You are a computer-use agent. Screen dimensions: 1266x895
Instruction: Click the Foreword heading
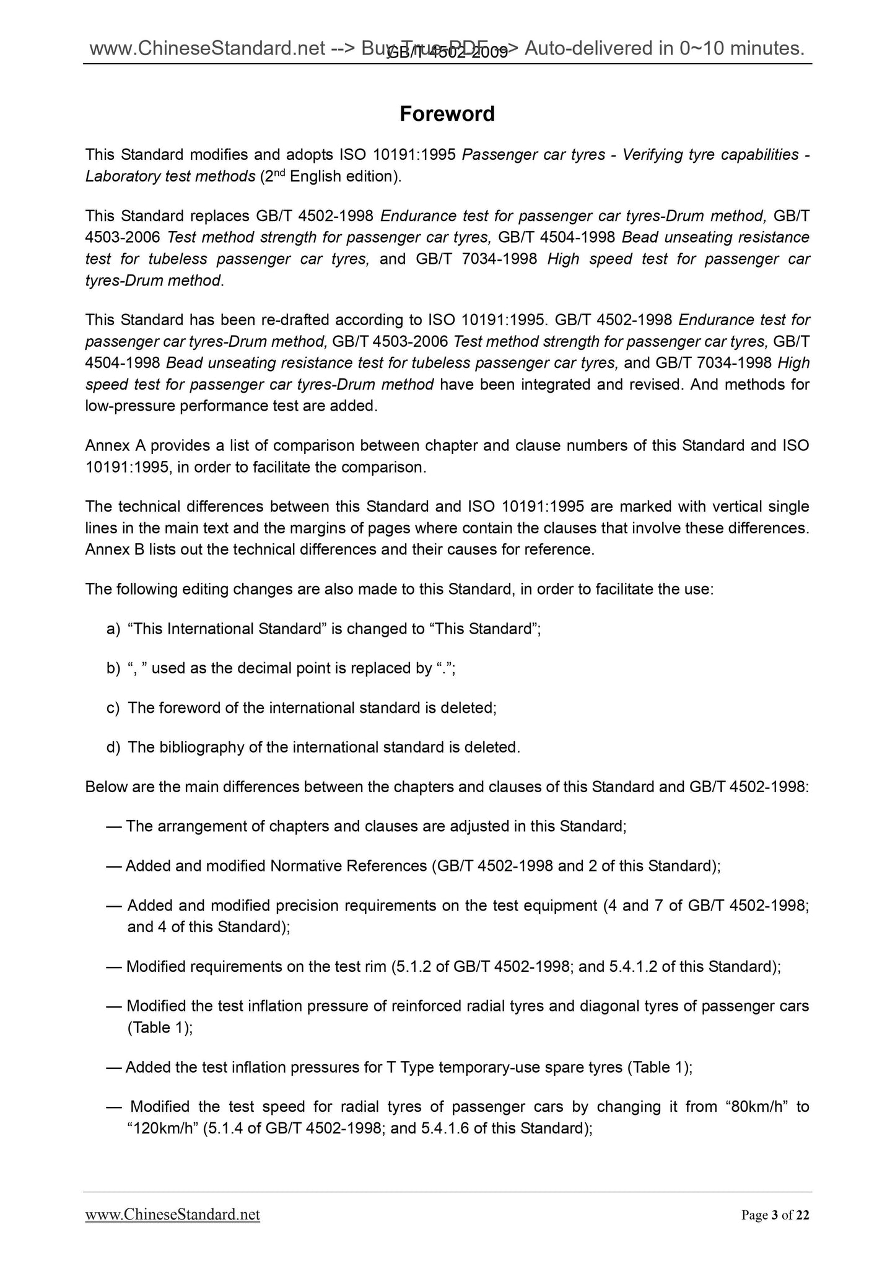pyautogui.click(x=447, y=114)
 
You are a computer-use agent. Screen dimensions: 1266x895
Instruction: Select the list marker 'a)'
pyautogui.click(x=113, y=629)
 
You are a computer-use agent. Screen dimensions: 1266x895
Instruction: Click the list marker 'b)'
pyautogui.click(x=113, y=668)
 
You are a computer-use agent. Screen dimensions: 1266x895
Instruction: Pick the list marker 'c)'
pyautogui.click(x=113, y=708)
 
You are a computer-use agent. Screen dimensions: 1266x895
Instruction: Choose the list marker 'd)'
pyautogui.click(x=113, y=748)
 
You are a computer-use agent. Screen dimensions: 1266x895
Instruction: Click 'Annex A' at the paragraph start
pyautogui.click(x=115, y=446)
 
